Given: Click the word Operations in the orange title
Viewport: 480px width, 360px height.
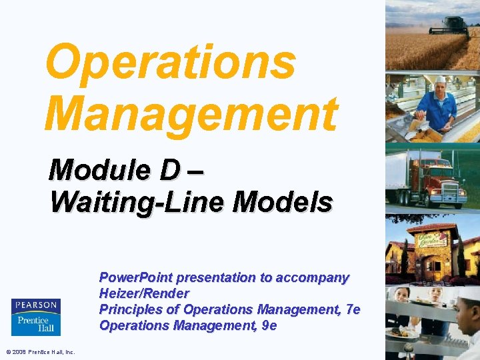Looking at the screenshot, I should (x=170, y=61).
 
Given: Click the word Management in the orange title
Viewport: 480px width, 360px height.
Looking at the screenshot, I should (x=191, y=113).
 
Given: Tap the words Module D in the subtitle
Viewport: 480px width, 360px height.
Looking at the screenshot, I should (x=113, y=171).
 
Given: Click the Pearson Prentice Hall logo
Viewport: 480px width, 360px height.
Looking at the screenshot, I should (x=36, y=317).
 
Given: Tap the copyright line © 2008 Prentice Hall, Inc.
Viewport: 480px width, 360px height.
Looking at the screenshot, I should (x=40, y=352).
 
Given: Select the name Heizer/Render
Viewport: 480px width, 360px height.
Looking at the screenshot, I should (x=144, y=293).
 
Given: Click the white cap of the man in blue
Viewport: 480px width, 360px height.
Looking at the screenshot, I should (x=440, y=79).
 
